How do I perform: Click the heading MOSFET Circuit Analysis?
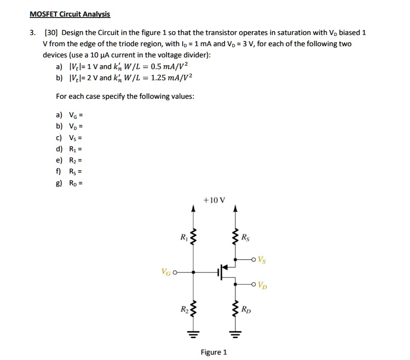pyautogui.click(x=70, y=14)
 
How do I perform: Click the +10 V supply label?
pyautogui.click(x=214, y=199)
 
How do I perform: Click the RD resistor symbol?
pyautogui.click(x=236, y=307)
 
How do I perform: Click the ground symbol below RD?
pyautogui.click(x=236, y=335)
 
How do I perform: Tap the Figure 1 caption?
pyautogui.click(x=214, y=352)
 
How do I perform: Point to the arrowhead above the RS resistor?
pyautogui.click(x=236, y=210)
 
